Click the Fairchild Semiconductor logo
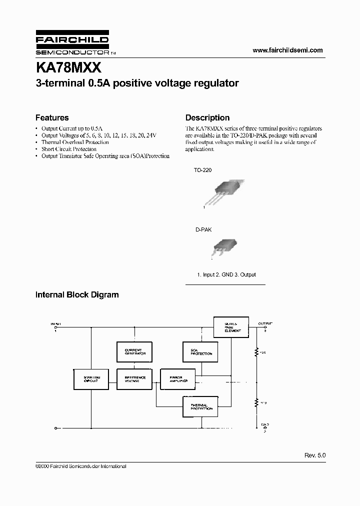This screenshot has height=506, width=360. point(72,45)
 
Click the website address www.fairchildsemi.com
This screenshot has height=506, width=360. point(288,50)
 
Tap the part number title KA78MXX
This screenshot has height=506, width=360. point(68,67)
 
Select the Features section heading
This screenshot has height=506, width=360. point(52,118)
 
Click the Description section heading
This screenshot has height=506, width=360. point(207,118)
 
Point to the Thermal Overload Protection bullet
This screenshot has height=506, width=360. point(75,142)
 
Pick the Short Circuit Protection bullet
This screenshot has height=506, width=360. point(69,149)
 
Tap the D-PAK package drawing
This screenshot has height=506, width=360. point(223,246)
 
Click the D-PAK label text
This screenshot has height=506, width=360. point(203,229)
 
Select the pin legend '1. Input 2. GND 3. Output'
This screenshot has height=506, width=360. point(226,274)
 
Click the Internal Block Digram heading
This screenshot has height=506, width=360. point(77,295)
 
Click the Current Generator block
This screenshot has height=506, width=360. point(133,351)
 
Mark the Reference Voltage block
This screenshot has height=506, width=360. point(133,379)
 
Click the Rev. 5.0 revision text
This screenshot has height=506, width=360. point(314,455)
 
